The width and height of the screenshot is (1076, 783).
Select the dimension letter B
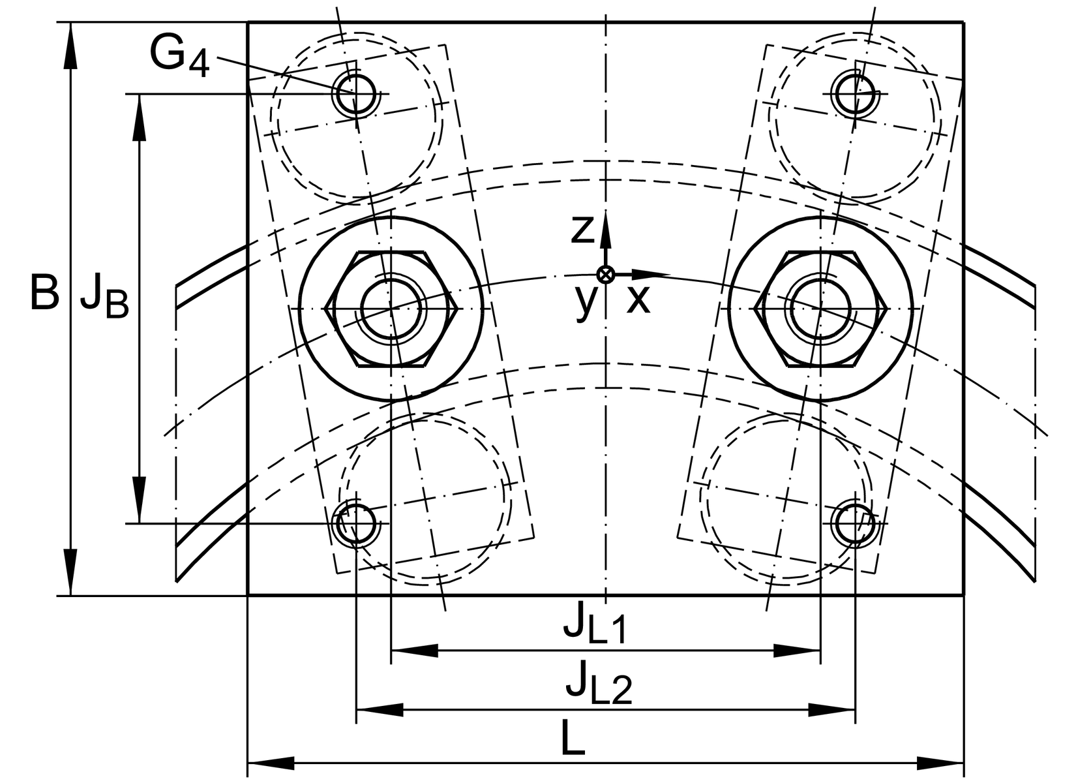(45, 292)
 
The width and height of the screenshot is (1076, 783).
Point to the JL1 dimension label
(595, 622)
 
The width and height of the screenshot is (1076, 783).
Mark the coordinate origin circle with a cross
(606, 275)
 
